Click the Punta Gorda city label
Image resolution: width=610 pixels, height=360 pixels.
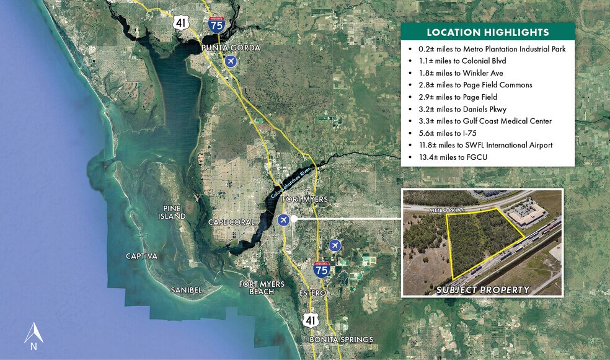pos(230,48)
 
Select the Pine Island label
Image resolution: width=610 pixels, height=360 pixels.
pos(171,212)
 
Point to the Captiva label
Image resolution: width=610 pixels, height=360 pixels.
pos(141,256)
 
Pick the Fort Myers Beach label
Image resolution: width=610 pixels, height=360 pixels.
pos(262,288)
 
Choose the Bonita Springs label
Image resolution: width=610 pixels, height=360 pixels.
pos(342,340)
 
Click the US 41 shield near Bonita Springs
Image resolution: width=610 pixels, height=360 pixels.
pos(311,319)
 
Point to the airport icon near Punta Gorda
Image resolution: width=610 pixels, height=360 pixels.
pos(231,61)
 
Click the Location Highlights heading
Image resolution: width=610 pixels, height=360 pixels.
pos(487,32)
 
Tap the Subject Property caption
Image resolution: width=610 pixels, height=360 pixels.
pos(483,289)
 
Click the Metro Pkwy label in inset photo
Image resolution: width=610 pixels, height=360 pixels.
pos(448,212)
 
